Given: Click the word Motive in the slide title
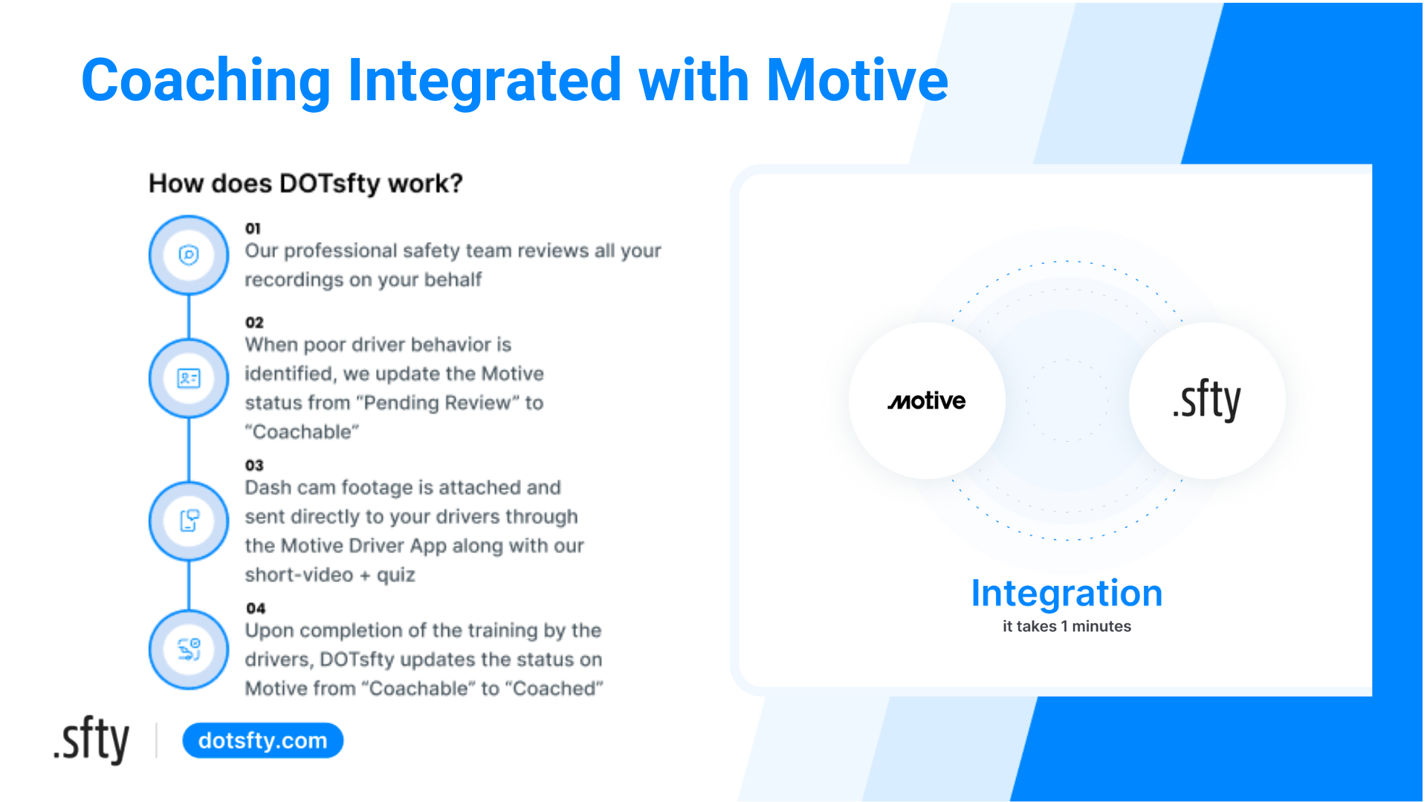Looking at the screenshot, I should (x=856, y=80).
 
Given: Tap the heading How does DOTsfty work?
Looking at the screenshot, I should (x=305, y=183).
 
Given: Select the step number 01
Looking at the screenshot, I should (x=253, y=229).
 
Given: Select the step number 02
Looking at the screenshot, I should (x=254, y=322).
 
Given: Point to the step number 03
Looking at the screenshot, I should (x=254, y=466).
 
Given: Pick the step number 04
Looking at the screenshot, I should (x=256, y=608).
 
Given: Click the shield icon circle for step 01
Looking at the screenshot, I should (x=189, y=255).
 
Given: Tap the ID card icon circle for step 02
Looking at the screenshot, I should (x=189, y=378).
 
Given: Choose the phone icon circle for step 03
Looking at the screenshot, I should (x=189, y=521).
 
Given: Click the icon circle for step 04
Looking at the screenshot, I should (x=189, y=650).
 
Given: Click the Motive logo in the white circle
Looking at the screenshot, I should (x=927, y=401).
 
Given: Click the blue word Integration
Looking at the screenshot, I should (x=1067, y=593).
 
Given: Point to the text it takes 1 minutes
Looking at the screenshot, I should (x=1067, y=626).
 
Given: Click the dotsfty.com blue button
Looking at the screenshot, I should (x=262, y=740).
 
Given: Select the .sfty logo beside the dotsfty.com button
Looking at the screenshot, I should (x=91, y=740).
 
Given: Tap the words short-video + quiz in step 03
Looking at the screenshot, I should (x=330, y=576).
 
